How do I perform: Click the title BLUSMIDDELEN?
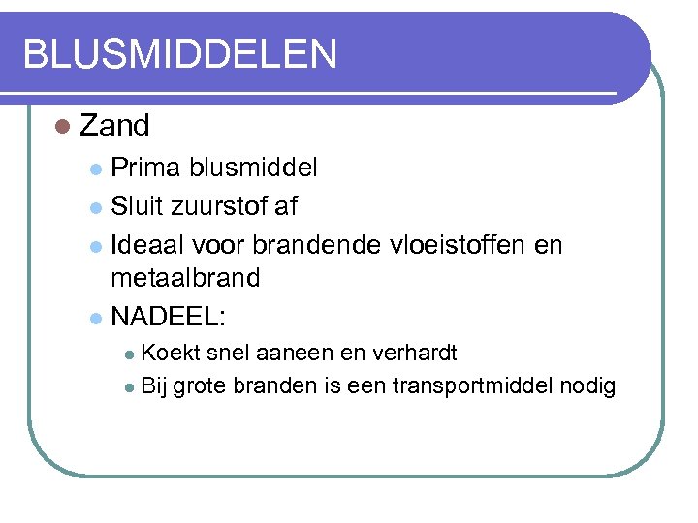pos(180,54)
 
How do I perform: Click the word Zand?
pos(114,126)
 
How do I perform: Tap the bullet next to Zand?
pos(64,127)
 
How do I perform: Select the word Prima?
pos(145,168)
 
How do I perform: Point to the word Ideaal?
pos(146,244)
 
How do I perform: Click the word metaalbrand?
pos(185,278)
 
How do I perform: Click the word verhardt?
pos(412,352)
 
